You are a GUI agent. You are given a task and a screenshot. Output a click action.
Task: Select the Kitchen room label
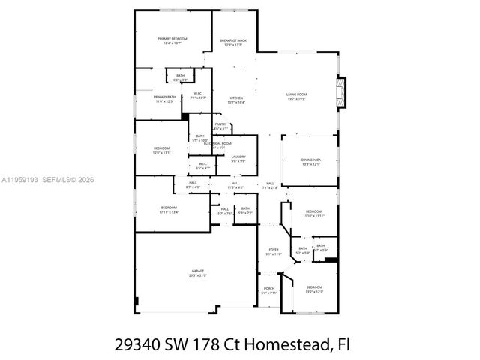236,100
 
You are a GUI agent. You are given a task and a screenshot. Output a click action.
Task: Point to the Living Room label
296,96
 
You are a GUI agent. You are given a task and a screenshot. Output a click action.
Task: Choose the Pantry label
220,126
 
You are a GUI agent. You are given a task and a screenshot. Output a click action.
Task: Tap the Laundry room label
238,159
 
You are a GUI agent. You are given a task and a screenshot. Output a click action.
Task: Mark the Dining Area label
311,162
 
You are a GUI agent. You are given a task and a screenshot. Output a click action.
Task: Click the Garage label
197,273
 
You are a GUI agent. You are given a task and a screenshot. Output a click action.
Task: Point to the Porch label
269,290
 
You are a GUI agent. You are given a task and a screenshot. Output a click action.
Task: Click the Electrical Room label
223,144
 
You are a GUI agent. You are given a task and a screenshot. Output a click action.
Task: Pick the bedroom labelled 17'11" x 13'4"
169,209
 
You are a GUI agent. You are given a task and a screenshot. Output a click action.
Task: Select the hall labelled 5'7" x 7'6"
223,211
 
